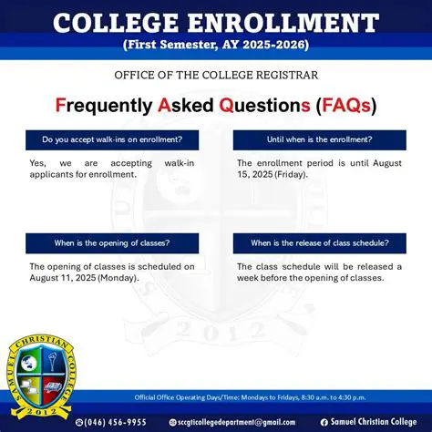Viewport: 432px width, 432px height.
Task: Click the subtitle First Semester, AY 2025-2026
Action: coord(215,45)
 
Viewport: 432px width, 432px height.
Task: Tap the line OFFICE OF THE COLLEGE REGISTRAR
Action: coord(216,75)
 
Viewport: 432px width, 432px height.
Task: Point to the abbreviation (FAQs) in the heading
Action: coord(345,106)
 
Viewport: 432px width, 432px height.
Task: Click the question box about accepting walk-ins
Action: coord(111,139)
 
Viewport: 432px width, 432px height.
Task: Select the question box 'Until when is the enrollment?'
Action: coord(319,139)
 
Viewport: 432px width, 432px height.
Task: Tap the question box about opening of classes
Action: coord(111,243)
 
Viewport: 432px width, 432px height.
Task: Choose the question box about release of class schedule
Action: coord(319,243)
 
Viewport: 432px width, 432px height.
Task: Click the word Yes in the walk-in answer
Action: coord(37,162)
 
